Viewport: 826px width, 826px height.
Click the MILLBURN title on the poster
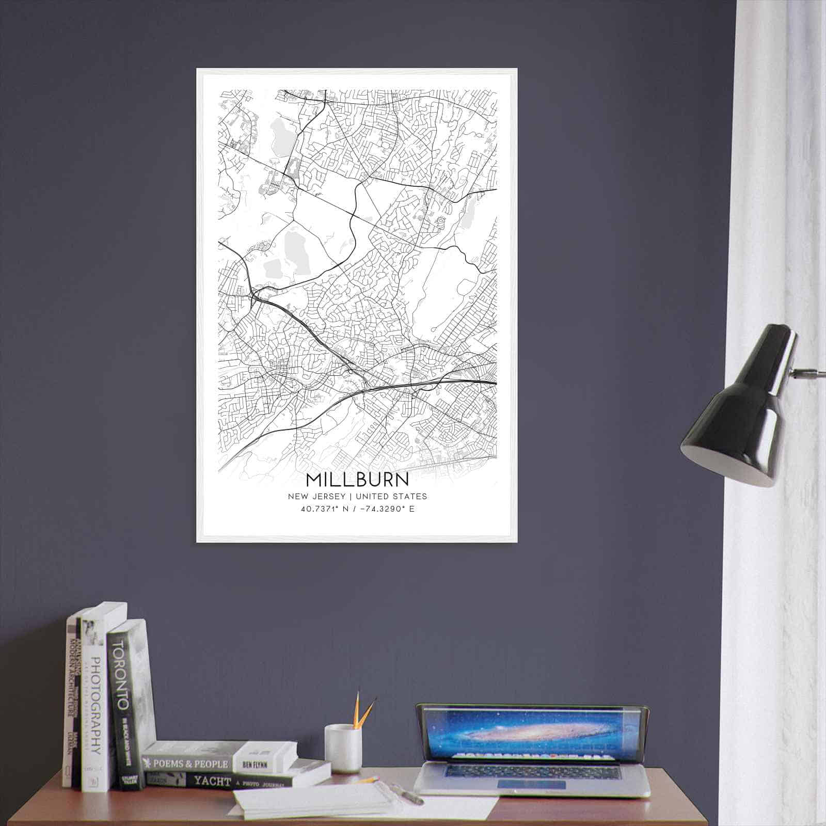[357, 480]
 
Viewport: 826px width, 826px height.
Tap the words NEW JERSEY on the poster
[316, 497]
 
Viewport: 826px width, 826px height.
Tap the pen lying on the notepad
[408, 794]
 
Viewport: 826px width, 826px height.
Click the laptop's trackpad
[531, 785]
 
